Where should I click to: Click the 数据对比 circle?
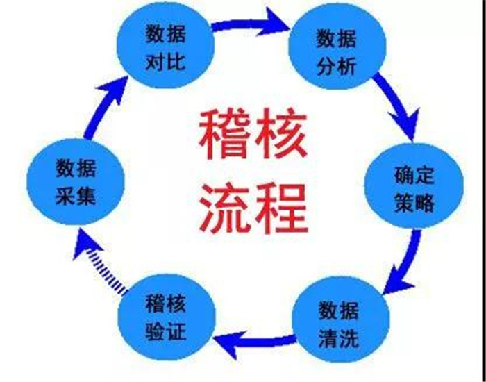point(165,45)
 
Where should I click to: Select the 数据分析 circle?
point(337,47)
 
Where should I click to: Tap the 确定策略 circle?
point(414,185)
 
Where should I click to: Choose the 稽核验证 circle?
point(167,317)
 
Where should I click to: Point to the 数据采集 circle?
point(76,182)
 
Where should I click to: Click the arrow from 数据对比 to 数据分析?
point(251,24)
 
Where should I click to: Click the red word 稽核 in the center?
point(253,133)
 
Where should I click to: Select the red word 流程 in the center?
point(253,208)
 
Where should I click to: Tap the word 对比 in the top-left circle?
point(165,63)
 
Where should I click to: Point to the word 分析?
point(337,66)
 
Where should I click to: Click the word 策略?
point(414,204)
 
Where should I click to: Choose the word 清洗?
point(339,339)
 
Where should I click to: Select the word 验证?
point(165,331)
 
